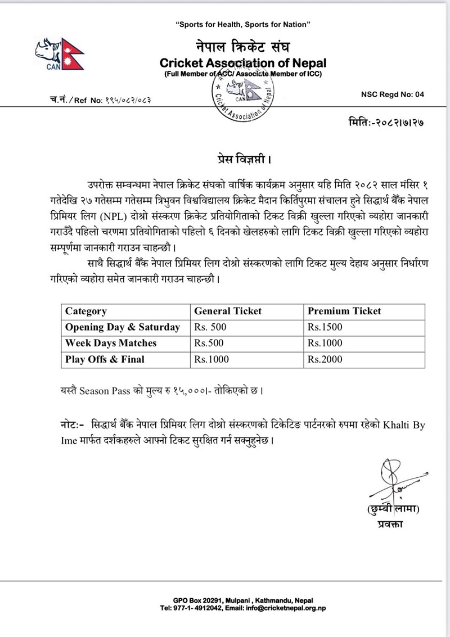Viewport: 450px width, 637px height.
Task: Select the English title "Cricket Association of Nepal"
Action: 243,62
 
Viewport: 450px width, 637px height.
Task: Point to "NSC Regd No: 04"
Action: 392,95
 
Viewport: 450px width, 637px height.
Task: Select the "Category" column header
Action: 85,311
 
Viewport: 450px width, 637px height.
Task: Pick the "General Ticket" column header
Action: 228,311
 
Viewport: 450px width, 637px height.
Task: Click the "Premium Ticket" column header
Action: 344,311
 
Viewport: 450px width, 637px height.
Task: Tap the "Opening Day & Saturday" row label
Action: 123,327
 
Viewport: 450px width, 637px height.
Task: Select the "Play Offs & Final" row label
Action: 105,359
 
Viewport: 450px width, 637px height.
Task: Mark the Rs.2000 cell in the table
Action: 325,359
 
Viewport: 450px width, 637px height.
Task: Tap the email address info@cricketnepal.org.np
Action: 282,608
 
